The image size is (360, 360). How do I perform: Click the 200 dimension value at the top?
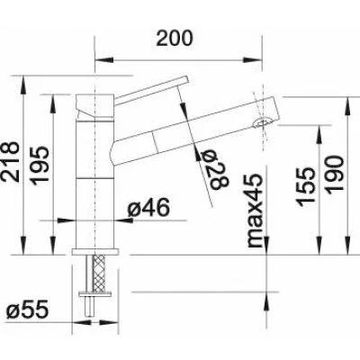[x=175, y=38]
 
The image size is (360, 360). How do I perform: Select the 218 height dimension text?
[x=10, y=162]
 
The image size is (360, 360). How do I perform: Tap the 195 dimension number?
[x=40, y=166]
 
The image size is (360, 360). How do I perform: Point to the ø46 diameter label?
[x=148, y=208]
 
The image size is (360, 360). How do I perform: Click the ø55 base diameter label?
[x=27, y=310]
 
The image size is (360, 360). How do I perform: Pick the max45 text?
[x=255, y=211]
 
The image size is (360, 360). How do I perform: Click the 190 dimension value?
[x=334, y=175]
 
